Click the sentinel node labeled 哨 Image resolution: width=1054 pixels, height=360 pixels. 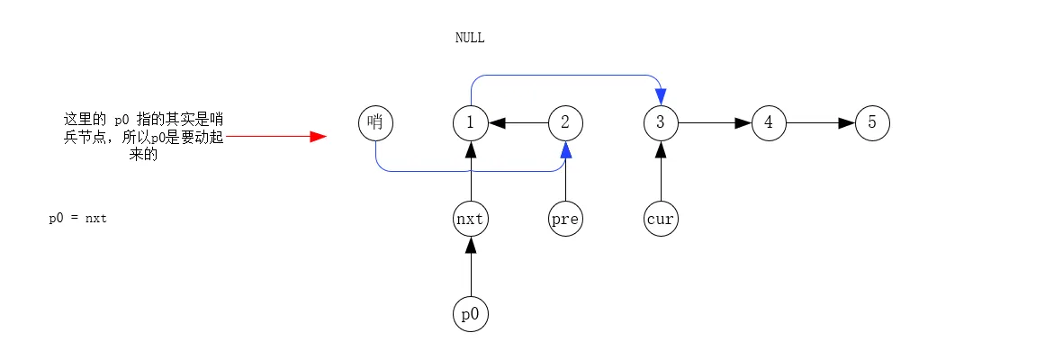coord(375,123)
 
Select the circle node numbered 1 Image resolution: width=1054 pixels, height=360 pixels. coord(471,123)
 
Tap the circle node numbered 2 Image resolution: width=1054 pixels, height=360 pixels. coord(565,123)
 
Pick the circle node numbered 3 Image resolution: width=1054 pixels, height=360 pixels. coord(661,123)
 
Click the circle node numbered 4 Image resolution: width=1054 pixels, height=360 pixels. coord(769,123)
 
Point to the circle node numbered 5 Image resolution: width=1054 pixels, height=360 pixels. coord(872,123)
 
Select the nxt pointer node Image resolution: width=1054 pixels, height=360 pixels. coord(471,219)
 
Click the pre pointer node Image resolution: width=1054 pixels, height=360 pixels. coord(565,219)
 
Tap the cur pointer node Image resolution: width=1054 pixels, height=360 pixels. coord(661,219)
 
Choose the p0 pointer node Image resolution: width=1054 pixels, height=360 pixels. coord(471,314)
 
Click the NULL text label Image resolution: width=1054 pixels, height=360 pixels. coord(470,38)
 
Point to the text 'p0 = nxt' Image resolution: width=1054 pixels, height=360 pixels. coord(77,219)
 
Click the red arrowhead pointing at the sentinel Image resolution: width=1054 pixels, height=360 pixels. coord(318,136)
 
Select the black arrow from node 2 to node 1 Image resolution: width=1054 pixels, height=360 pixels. coord(518,123)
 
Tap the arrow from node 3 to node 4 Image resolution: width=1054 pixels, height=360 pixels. coord(715,123)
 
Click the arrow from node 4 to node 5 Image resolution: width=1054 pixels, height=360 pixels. coord(821,123)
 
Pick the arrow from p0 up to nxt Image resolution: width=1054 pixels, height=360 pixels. coord(471,266)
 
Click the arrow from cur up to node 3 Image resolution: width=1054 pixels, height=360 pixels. coord(661,171)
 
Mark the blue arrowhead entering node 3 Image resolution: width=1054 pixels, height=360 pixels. coord(661,97)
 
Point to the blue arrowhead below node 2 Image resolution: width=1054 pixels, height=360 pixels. coord(565,149)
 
